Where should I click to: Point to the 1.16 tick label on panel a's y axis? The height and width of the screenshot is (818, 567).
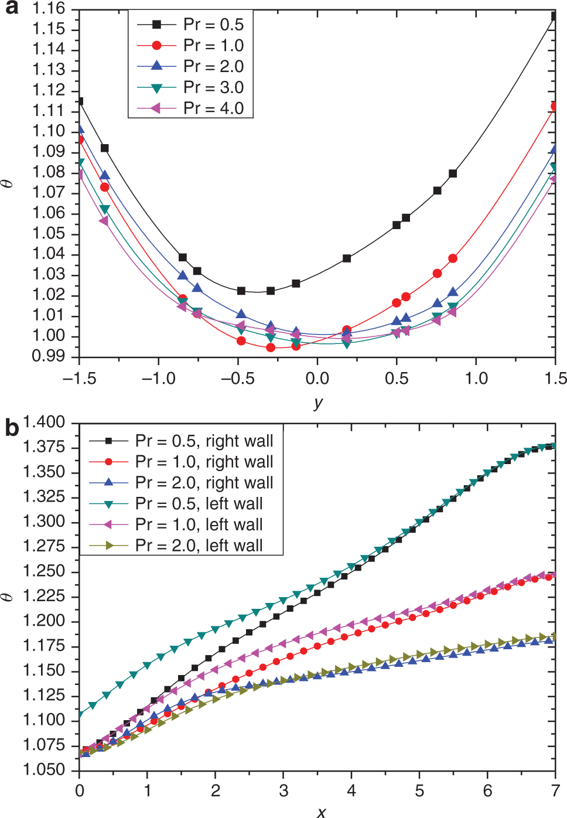point(49,9)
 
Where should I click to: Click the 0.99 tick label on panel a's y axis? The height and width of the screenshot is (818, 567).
point(49,356)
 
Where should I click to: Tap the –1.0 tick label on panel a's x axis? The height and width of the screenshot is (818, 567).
point(159,379)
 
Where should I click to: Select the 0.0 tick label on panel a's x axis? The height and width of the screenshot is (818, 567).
point(317,379)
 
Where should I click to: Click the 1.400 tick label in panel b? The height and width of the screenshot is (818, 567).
point(44,422)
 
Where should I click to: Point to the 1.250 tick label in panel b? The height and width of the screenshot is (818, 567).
point(44,571)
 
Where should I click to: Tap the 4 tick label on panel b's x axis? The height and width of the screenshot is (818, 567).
point(351,791)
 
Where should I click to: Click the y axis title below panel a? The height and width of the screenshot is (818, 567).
point(318,403)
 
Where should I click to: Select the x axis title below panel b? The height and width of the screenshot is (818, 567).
point(321,812)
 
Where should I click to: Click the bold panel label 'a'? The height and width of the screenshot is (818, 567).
point(11,8)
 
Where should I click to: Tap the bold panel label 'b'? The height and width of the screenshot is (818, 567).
point(12,428)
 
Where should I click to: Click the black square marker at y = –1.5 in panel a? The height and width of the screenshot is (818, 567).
point(80,101)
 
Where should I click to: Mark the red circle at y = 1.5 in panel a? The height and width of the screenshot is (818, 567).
point(554,106)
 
